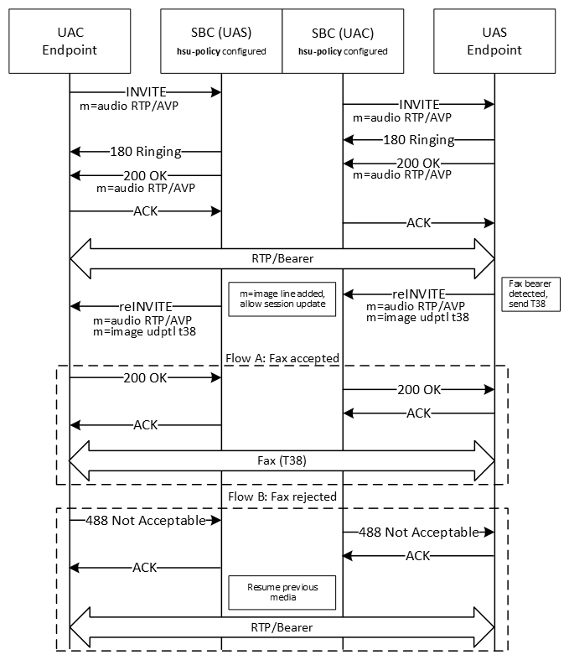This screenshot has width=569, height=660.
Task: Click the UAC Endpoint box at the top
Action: click(x=70, y=41)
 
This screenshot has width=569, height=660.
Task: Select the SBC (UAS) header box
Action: click(x=221, y=41)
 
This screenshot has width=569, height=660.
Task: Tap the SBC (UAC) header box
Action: click(x=343, y=41)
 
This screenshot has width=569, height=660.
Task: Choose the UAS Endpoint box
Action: click(x=494, y=41)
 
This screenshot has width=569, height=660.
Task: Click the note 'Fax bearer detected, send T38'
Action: click(x=530, y=294)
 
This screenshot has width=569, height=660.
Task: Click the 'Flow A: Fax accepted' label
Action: click(x=282, y=358)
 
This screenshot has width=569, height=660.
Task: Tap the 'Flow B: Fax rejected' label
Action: click(x=282, y=496)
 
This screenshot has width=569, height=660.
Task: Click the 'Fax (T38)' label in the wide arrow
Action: click(x=282, y=460)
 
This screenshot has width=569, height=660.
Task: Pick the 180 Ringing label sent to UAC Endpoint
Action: click(x=146, y=152)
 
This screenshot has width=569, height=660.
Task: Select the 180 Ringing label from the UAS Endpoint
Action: click(x=419, y=139)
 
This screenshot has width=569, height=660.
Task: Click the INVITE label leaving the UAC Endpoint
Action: click(x=146, y=90)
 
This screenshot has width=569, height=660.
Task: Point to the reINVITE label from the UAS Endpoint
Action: click(x=419, y=294)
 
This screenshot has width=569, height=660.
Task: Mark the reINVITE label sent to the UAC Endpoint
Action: click(x=146, y=306)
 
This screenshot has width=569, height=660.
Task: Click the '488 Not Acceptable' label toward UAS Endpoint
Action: click(x=419, y=532)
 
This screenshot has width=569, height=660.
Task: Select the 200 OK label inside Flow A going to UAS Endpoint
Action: click(x=419, y=389)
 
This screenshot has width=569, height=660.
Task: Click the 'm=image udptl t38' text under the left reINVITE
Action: click(x=145, y=332)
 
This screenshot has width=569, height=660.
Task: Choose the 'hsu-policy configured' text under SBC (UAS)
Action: click(x=221, y=52)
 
